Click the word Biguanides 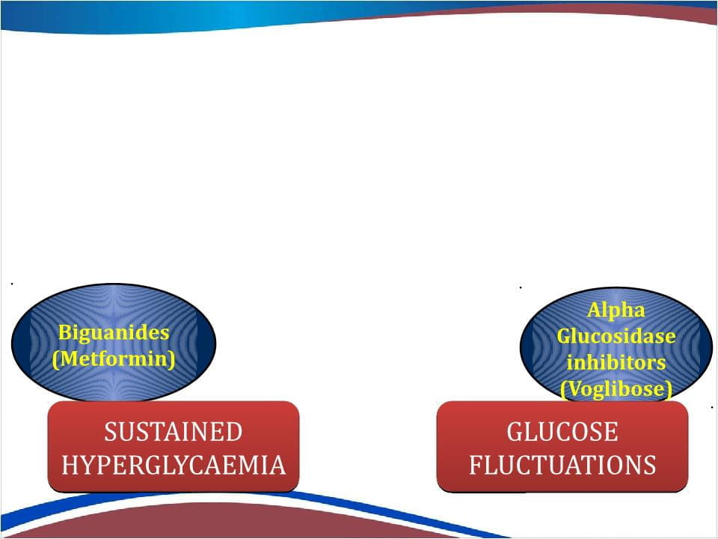click(x=114, y=332)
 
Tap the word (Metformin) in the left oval click(x=114, y=359)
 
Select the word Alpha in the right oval click(x=616, y=310)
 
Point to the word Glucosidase click(x=616, y=336)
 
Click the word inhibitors click(x=616, y=362)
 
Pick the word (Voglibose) click(x=616, y=389)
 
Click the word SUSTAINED click(x=173, y=432)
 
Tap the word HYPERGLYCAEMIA click(x=174, y=465)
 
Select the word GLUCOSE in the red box click(x=562, y=432)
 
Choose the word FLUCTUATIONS click(x=562, y=465)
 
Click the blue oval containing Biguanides click(x=114, y=342)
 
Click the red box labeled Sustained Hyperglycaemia click(x=174, y=447)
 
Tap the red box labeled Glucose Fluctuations click(x=562, y=447)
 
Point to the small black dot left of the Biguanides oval click(x=12, y=284)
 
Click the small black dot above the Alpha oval click(x=521, y=287)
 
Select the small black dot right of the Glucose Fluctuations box click(x=712, y=406)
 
